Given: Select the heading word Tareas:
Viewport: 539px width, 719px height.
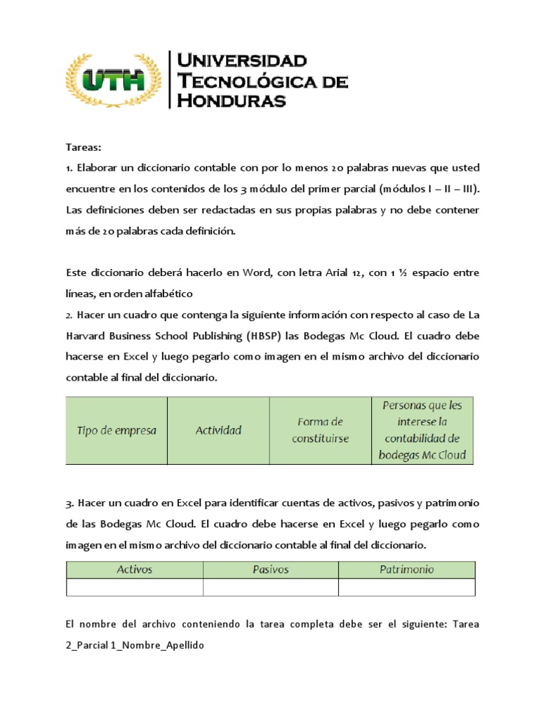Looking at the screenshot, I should point(84,147).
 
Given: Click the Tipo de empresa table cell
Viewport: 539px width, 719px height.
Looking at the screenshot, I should point(117,430).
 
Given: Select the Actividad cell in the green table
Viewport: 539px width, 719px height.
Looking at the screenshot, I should point(218,430).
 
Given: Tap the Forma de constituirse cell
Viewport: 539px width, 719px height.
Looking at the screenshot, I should point(320,430).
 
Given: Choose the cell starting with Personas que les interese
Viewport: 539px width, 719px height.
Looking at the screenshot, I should point(422,430).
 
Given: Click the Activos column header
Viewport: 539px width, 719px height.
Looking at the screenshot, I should point(134,569).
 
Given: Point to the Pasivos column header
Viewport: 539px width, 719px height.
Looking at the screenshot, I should point(270,569).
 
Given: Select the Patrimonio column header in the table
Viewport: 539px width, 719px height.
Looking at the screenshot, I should point(406,569).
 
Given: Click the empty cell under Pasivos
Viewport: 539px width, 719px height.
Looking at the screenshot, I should point(270,587).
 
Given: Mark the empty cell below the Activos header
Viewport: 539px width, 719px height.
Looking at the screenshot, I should point(134,587).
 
